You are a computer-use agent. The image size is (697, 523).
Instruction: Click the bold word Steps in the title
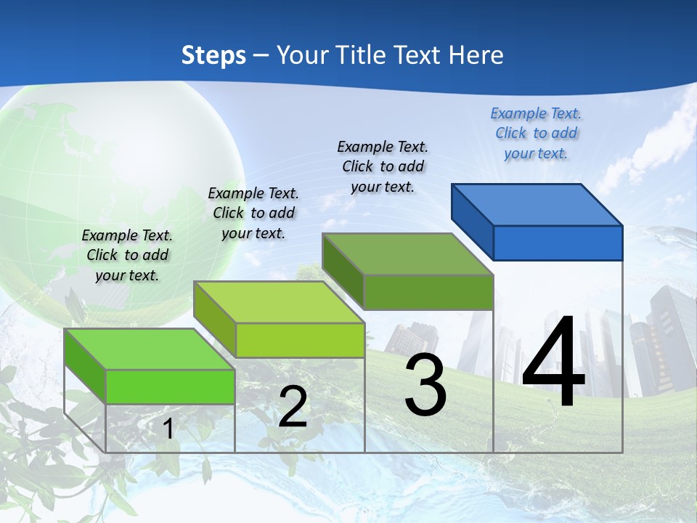(213, 55)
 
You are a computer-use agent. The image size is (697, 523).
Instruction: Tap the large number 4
(553, 363)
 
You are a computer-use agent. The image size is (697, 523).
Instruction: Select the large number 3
(425, 385)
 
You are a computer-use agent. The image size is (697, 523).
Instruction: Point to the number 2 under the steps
(293, 407)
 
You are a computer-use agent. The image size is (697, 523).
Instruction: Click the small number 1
(168, 429)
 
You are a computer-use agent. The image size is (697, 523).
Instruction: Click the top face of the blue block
(537, 204)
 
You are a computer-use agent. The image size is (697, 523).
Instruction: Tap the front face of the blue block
(558, 243)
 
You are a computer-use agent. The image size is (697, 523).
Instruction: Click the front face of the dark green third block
(428, 292)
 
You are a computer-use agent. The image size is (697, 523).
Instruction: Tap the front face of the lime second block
(300, 340)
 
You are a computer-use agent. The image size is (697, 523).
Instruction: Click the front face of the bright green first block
(171, 386)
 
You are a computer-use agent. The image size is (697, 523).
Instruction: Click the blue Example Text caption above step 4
(536, 133)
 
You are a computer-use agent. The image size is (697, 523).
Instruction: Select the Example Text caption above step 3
(383, 166)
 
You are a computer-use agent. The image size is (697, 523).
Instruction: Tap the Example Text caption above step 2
(253, 213)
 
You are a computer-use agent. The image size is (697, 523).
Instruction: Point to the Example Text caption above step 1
(127, 255)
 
